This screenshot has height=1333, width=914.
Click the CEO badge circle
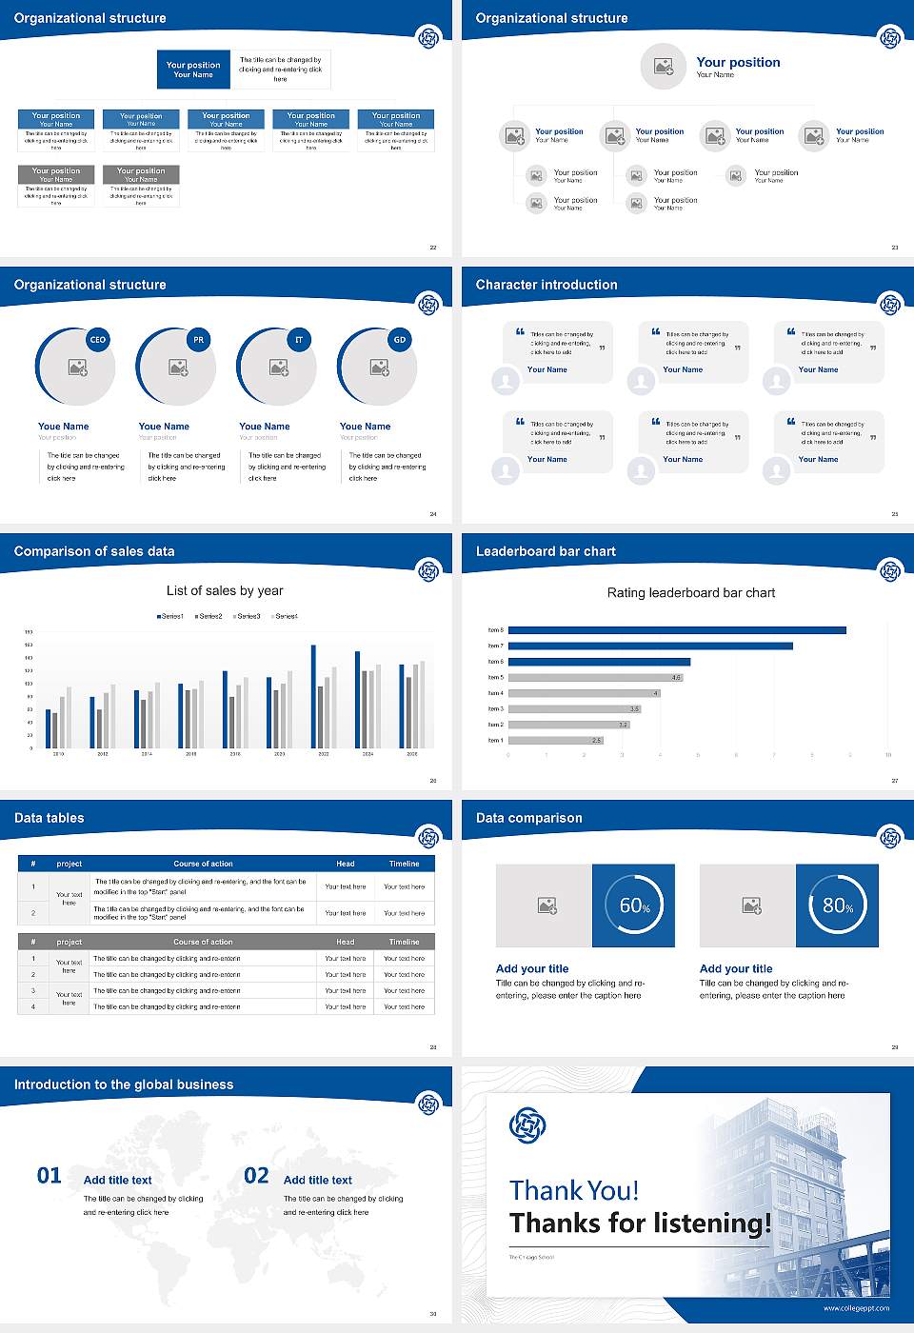(x=97, y=340)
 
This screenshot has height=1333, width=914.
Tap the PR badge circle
(x=198, y=340)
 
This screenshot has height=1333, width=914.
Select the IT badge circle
(x=299, y=340)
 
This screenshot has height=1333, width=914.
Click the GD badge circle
(x=400, y=340)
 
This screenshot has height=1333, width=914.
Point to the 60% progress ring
(x=633, y=905)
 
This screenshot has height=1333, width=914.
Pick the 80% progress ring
(x=837, y=905)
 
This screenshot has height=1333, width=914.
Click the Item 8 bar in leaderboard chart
(x=677, y=630)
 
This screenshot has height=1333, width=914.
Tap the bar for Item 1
(x=555, y=740)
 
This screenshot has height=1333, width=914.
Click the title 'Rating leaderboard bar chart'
(x=690, y=593)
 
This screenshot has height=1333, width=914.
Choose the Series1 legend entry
(x=170, y=616)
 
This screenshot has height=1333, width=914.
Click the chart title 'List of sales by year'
(x=225, y=591)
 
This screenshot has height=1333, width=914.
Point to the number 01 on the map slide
(x=50, y=1176)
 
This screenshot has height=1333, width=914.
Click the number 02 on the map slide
(x=256, y=1176)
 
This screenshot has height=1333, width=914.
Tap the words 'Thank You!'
(x=573, y=1190)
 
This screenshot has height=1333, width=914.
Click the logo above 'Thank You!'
(x=527, y=1125)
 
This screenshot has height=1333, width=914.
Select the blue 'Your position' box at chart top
(x=193, y=70)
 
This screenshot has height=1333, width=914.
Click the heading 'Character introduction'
(x=546, y=285)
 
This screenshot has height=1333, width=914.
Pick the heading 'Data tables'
(x=50, y=818)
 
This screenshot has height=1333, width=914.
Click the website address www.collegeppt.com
(x=856, y=1308)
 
